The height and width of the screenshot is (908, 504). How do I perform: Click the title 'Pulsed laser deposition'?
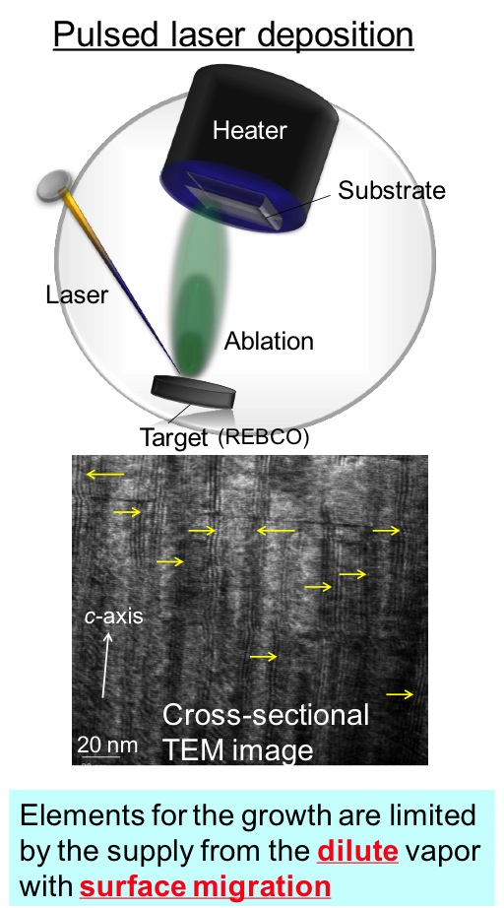click(233, 34)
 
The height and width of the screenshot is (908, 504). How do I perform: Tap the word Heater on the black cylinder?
click(249, 130)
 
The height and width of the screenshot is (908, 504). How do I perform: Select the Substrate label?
click(392, 190)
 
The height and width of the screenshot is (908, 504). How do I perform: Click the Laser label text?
click(77, 294)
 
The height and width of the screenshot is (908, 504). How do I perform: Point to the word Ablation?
click(269, 341)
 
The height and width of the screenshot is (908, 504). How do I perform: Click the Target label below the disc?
click(173, 437)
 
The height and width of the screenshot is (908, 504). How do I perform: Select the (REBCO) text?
click(263, 436)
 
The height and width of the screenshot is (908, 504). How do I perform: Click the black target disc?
click(193, 392)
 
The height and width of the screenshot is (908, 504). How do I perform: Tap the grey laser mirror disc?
click(54, 185)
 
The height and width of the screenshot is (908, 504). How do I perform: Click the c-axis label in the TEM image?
click(113, 616)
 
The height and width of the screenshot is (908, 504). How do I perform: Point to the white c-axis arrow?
click(106, 665)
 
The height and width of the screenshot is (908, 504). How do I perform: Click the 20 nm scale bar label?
click(107, 744)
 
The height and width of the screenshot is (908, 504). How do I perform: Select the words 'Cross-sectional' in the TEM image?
click(266, 715)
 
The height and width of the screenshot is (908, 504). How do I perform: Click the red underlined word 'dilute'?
click(357, 851)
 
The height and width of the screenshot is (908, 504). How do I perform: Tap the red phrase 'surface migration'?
click(205, 886)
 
